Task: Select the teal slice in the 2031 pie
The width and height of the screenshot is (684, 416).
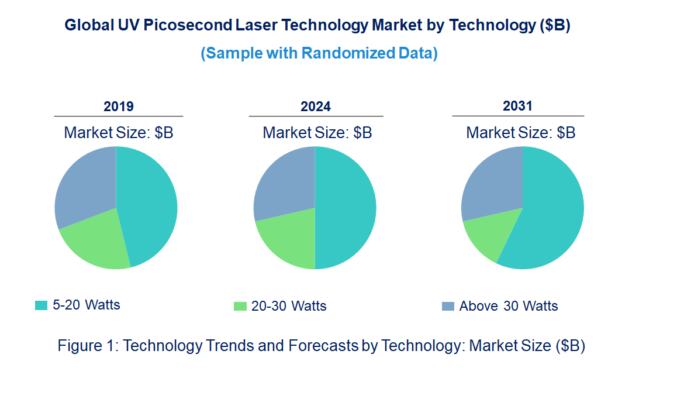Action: point(550,216)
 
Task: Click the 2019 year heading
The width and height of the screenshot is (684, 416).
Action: point(119,106)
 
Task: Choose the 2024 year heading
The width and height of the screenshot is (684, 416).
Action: point(316,106)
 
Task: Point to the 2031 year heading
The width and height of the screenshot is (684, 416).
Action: point(518,106)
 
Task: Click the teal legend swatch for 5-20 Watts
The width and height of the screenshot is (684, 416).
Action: point(41,305)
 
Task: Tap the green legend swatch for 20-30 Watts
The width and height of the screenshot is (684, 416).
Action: point(240,306)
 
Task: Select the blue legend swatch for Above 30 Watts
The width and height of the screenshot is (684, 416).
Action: point(448,306)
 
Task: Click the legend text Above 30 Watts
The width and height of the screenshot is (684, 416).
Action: point(509,306)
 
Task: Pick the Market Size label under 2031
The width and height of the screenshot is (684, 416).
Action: point(520,133)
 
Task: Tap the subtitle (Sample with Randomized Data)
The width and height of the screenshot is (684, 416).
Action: point(319,53)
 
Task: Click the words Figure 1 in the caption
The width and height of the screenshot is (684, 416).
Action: point(88,346)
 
